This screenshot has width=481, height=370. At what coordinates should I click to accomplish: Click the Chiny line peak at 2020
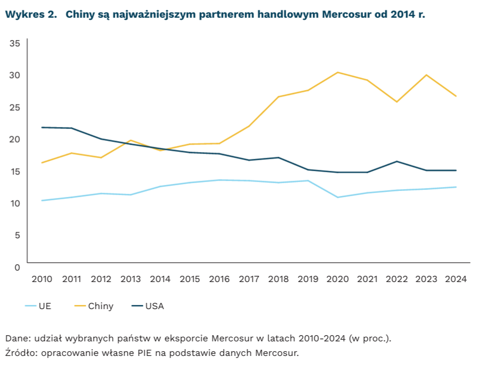(338, 72)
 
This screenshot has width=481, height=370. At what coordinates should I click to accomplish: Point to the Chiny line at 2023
(426, 75)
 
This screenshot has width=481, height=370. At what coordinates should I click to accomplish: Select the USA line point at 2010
(42, 127)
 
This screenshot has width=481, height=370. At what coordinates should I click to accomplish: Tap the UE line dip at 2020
(338, 197)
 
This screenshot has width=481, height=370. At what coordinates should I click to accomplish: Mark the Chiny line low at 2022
(397, 101)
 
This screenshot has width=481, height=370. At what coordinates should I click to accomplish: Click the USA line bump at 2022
(397, 161)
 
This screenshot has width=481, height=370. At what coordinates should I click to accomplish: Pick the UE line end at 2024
(456, 187)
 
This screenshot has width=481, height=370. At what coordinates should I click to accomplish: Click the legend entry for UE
(38, 306)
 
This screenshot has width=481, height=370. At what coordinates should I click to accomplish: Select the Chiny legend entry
(94, 306)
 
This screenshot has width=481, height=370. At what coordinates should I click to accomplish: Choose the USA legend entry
(148, 306)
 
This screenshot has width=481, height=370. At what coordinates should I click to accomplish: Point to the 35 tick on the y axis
(15, 43)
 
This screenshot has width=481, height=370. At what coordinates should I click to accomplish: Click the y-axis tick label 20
(15, 139)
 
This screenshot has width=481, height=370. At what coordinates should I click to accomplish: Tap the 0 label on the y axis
(17, 267)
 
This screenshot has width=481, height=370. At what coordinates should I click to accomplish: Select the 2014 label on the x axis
(160, 279)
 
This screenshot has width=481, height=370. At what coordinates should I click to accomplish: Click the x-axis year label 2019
(308, 279)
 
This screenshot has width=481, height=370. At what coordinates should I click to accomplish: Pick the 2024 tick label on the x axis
(456, 279)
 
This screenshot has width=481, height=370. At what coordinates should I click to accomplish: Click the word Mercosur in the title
(346, 14)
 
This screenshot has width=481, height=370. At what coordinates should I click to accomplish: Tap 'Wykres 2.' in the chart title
(31, 14)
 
